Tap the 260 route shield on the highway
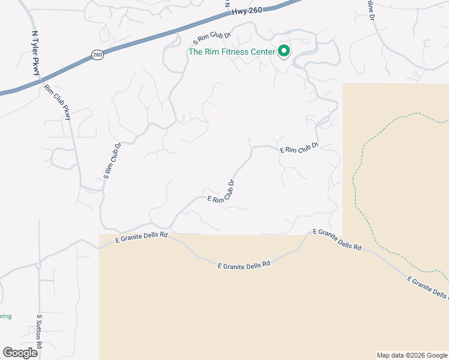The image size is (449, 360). click(97, 55)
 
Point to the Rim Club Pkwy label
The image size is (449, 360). click(58, 103)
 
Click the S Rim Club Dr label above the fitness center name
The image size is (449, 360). click(212, 39)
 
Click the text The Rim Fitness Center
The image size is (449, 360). click(232, 52)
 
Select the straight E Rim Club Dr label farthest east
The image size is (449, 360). click(298, 148)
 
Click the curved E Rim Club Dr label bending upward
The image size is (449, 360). click(221, 193)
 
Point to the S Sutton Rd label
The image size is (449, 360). click(40, 331)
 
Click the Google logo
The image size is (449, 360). click(20, 353)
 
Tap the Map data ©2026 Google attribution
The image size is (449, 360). click(412, 355)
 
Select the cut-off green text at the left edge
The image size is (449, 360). click(5, 316)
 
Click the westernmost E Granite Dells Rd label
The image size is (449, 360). click(141, 236)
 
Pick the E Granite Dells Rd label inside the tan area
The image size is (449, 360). click(244, 264)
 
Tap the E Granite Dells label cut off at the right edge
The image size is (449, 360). click(427, 288)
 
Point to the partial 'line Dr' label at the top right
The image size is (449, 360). click(370, 11)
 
